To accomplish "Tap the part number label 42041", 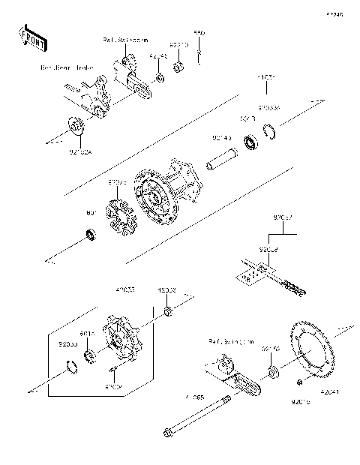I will (x=331, y=391).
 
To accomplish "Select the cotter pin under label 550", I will (x=199, y=51).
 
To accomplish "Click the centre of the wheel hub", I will (x=160, y=199).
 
